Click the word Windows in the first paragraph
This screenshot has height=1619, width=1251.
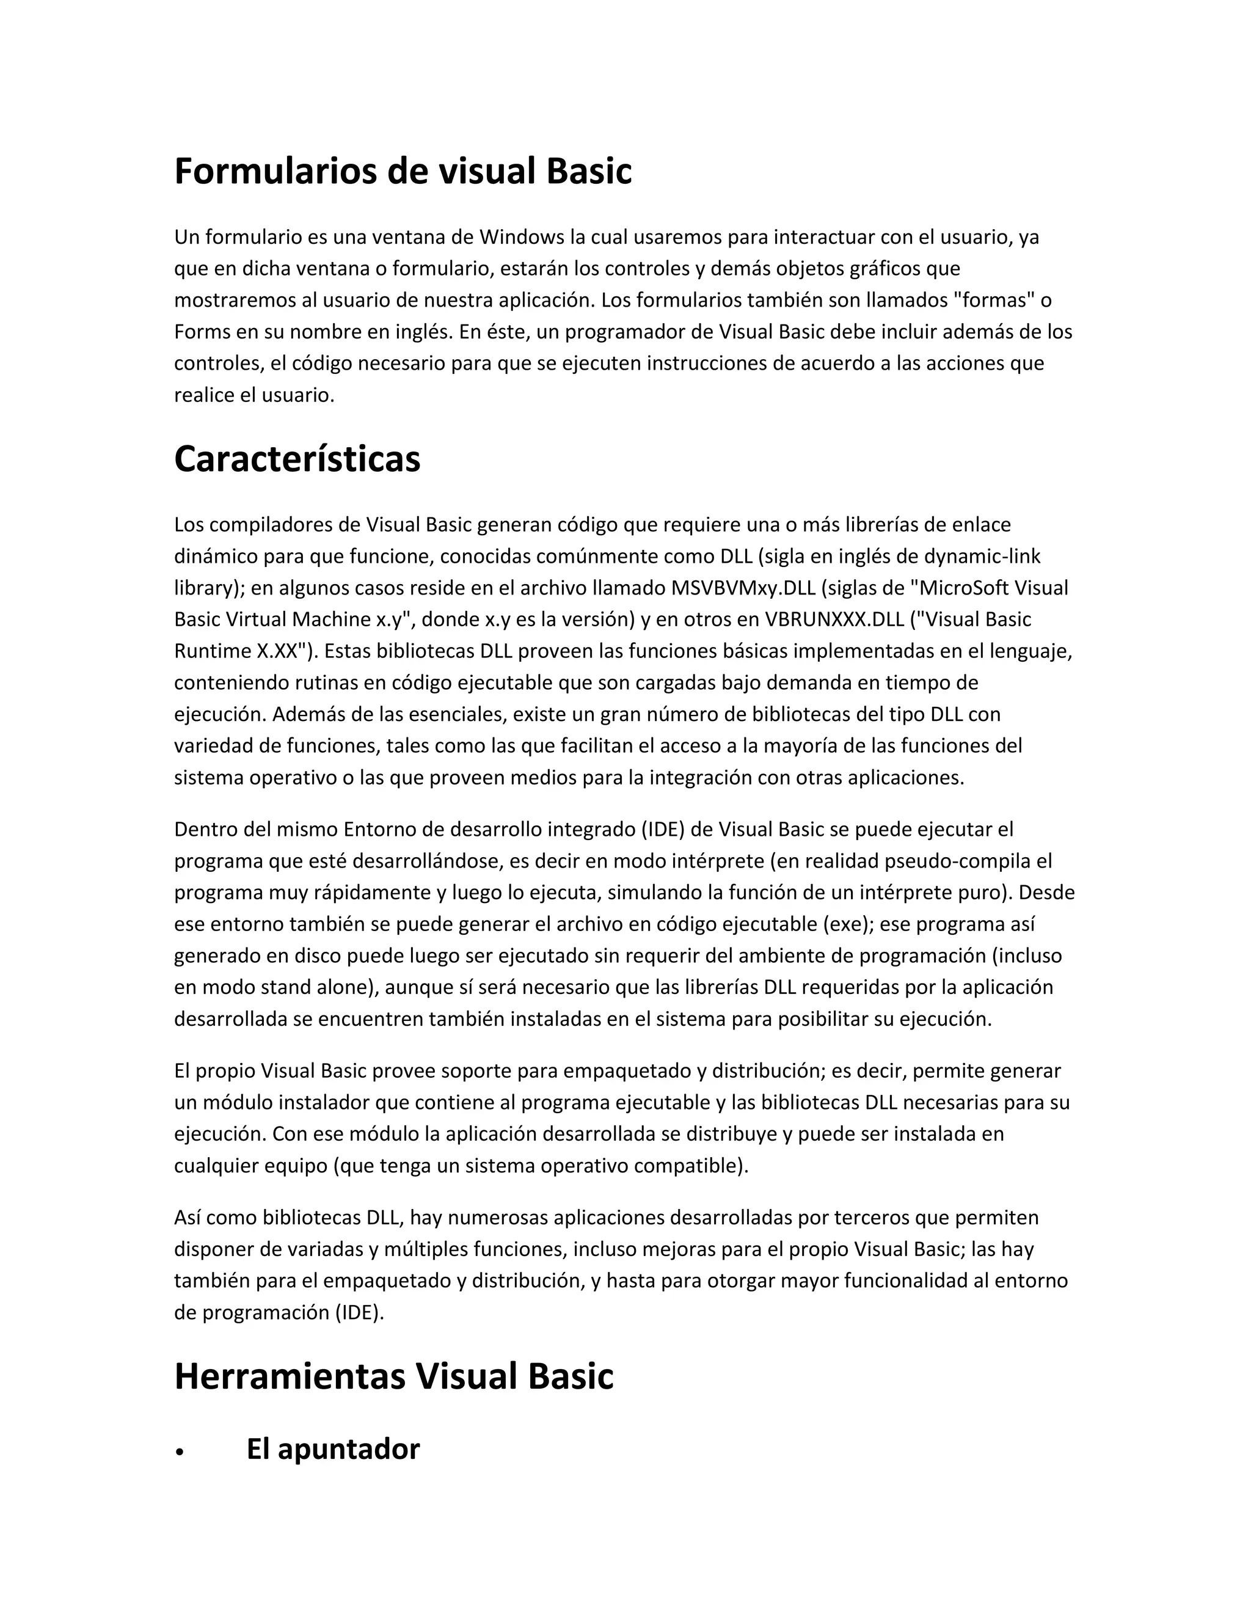point(521,237)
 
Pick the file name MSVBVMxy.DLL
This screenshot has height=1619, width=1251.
point(743,588)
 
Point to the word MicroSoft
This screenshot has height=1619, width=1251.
point(962,588)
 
